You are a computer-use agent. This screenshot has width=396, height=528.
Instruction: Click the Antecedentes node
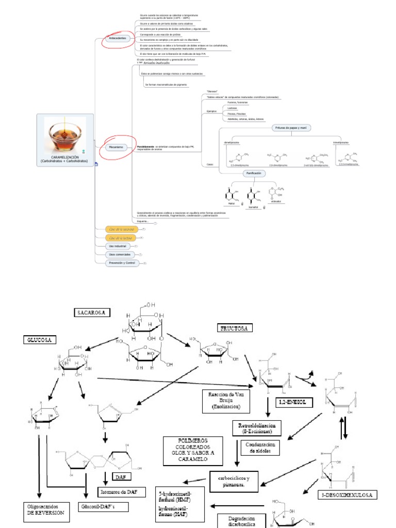pos(118,39)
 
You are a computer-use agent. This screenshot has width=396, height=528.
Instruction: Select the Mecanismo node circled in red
pos(115,147)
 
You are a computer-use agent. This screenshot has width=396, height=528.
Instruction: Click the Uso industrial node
pos(116,246)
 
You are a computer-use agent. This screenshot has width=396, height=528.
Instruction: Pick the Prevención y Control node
pos(122,263)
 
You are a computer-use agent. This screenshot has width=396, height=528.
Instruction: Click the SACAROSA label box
pos(92,312)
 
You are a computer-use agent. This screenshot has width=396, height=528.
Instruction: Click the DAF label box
pos(122,477)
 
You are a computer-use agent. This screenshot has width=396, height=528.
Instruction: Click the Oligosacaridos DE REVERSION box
pos(46,510)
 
